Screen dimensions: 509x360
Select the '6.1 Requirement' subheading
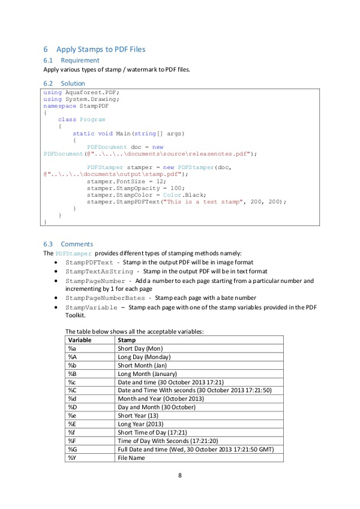[71, 61]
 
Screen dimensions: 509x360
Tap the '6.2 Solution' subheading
[64, 83]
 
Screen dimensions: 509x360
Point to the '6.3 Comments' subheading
[68, 244]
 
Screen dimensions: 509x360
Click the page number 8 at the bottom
[180, 475]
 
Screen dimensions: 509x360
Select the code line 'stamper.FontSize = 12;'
[125, 180]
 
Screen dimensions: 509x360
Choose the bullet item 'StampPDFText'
[89, 263]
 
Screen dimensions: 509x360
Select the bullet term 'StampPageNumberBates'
[104, 298]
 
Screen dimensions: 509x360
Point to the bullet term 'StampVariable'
[91, 308]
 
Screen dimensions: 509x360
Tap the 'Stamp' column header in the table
[127, 340]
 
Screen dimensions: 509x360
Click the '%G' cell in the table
[73, 449]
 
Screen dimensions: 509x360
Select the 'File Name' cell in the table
[133, 458]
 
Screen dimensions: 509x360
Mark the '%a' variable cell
[72, 348]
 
